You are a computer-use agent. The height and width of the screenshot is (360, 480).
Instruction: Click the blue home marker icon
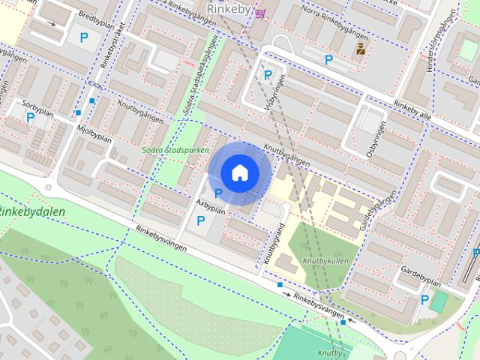(238, 172)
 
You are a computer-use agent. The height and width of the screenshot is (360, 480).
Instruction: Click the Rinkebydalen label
(32, 211)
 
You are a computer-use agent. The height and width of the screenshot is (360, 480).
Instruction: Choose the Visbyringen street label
(275, 94)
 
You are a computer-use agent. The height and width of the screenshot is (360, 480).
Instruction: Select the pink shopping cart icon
(259, 13)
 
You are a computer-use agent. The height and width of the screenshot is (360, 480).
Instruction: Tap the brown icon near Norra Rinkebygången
(361, 51)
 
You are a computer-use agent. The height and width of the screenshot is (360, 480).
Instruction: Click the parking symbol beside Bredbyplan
(83, 37)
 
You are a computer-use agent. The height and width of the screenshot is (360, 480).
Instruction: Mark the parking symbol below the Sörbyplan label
(30, 118)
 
